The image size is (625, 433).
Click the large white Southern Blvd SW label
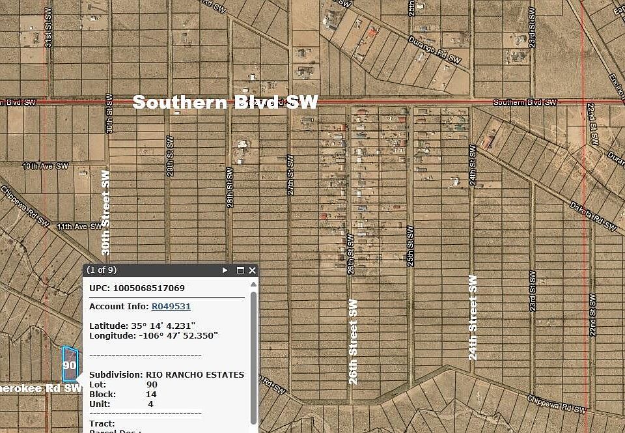point(225,102)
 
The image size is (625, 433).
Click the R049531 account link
point(171,306)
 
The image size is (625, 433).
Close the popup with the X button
point(253,270)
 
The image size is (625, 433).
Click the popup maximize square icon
point(240,270)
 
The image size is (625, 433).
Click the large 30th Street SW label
point(106,212)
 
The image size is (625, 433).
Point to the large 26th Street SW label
point(353,341)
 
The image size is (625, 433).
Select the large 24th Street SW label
point(473,318)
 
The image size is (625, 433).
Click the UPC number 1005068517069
point(148,287)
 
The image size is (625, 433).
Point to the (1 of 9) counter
point(102,270)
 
